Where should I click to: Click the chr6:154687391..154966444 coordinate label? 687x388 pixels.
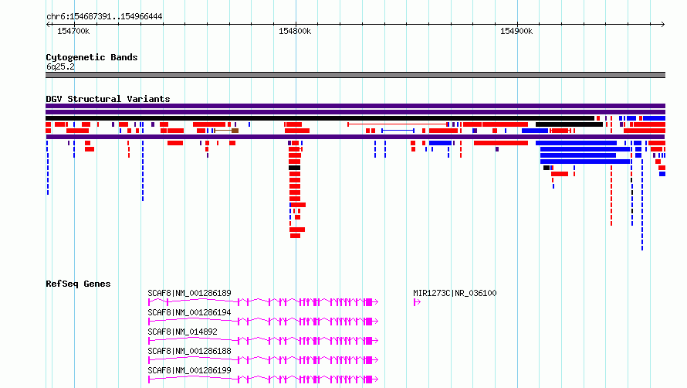104,16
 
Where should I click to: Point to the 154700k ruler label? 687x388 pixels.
73,31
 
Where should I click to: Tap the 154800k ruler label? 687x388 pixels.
295,31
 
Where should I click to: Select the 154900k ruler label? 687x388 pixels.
516,31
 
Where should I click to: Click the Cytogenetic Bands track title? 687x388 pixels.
92,57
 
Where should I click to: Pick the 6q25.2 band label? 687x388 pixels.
60,66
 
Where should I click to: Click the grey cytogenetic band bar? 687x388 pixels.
355,75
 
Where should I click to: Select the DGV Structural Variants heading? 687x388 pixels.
108,99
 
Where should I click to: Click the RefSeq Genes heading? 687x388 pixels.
78,284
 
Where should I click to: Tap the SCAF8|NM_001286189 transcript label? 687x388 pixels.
189,293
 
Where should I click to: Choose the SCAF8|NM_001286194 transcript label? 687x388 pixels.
189,312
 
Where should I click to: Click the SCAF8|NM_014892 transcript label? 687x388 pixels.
182,332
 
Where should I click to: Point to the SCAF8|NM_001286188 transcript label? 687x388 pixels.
189,351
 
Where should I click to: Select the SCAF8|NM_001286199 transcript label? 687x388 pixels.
189,370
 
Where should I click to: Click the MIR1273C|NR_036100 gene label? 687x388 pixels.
455,293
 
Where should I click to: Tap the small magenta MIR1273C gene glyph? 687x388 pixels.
417,302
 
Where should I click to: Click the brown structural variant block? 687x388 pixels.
235,131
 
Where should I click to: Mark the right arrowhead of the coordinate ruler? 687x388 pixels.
664,24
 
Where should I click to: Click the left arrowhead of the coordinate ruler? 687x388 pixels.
47,24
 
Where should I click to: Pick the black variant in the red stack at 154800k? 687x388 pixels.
294,168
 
